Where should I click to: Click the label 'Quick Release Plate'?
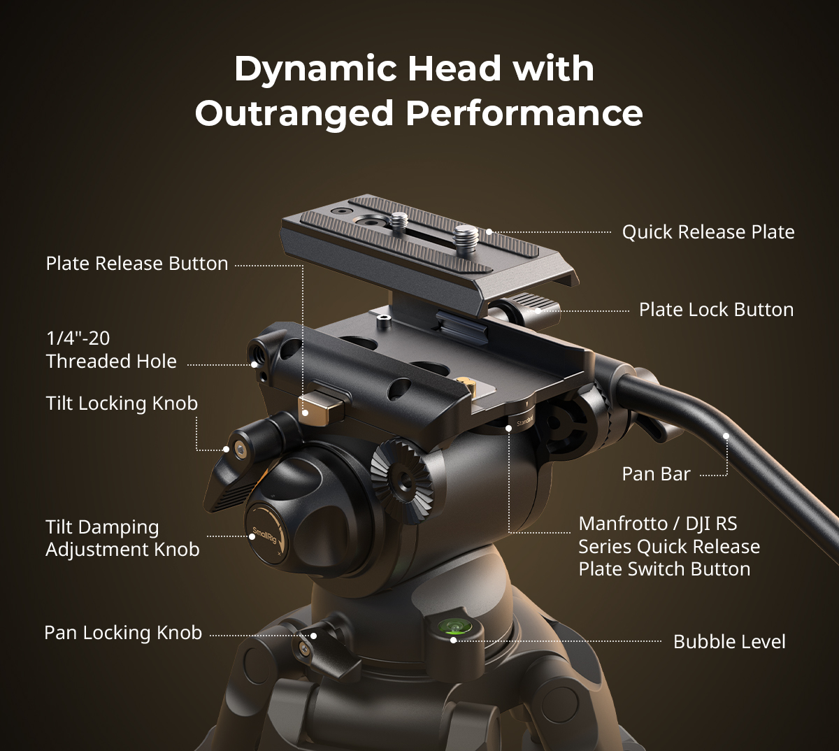point(708,232)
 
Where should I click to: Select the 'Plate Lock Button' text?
point(717,310)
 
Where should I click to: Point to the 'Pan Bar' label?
point(656,474)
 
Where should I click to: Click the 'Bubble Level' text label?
point(729,642)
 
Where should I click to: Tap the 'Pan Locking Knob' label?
point(123,633)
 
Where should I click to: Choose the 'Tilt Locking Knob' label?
point(122,403)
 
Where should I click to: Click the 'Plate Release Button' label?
point(136,264)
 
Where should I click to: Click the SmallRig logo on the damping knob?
point(264,535)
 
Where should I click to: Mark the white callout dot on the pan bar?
point(726,436)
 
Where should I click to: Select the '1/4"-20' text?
point(78,338)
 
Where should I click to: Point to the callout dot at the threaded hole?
point(254,364)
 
